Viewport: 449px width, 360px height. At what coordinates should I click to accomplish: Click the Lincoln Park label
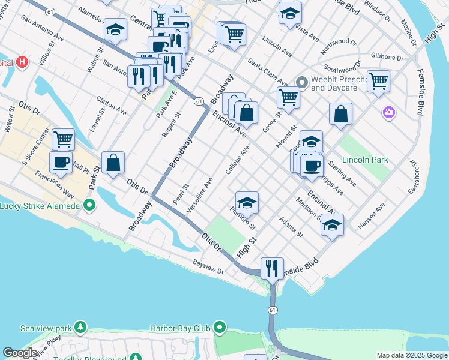point(365,160)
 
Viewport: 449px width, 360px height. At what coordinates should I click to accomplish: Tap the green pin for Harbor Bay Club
point(219,328)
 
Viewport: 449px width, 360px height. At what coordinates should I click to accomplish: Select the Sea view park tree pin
point(79,328)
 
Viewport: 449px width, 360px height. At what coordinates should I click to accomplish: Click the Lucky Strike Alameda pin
point(89,206)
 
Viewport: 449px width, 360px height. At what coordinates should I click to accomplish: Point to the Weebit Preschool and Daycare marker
point(301,82)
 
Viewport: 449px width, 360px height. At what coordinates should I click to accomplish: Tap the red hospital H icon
point(22,62)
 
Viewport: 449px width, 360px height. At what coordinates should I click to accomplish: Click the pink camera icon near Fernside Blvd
point(389,112)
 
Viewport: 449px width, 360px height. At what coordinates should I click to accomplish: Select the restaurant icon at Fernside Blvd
point(272,268)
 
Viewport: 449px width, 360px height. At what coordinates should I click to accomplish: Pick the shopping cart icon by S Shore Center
point(63,139)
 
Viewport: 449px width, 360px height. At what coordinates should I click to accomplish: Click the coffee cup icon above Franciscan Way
point(61,161)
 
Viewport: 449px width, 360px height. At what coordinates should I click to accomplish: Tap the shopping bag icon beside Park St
point(113,162)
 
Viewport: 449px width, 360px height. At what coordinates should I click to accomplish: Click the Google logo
point(20,353)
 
